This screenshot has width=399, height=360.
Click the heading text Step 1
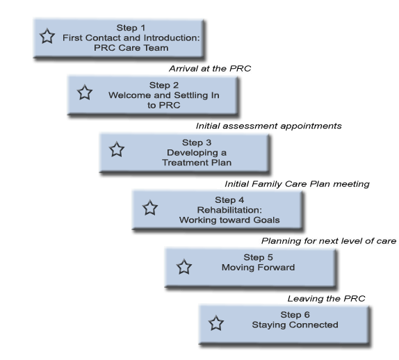131,28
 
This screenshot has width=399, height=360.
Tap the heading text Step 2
164,85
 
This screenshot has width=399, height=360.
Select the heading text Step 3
197,142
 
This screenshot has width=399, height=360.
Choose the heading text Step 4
229,200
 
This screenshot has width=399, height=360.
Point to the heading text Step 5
259,257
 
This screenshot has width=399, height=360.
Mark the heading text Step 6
295,315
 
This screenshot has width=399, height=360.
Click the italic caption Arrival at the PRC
210,68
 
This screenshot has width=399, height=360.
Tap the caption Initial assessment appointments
269,126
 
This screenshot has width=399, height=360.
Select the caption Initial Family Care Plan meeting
297,183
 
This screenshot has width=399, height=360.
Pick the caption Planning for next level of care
329,241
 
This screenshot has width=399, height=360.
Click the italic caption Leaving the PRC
327,298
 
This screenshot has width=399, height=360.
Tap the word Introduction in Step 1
170,38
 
